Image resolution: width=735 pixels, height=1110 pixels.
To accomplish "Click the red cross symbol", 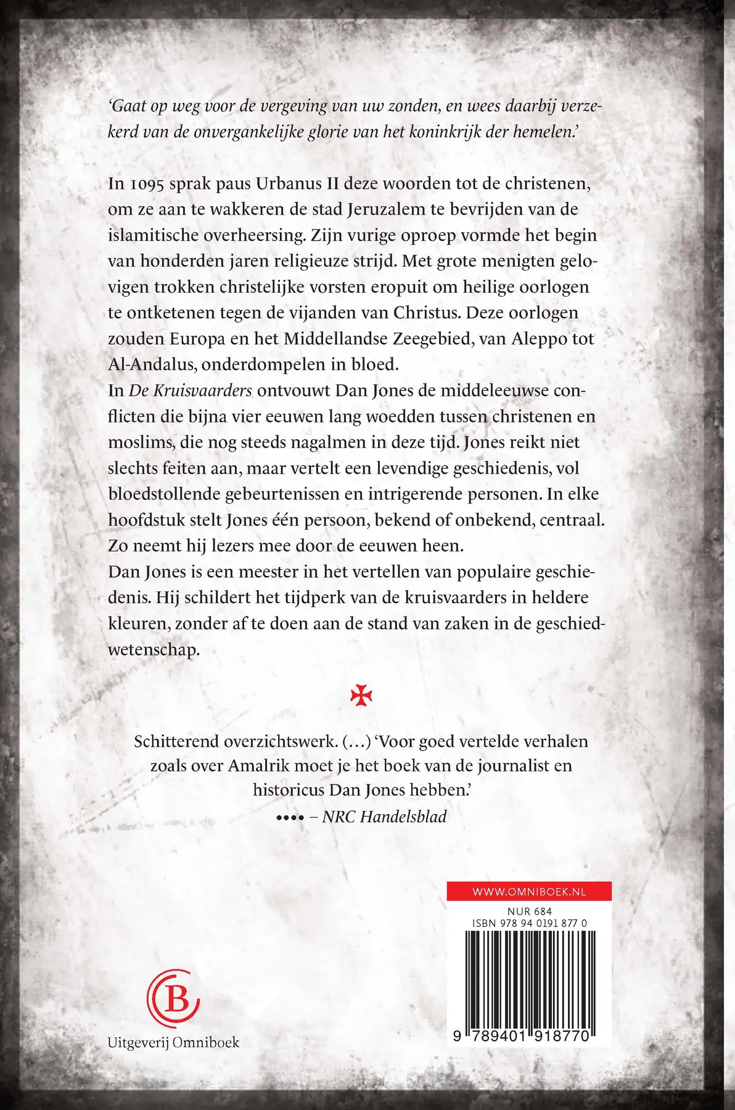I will (x=361, y=695).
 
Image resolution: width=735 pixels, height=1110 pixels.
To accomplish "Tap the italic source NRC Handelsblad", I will (x=385, y=816).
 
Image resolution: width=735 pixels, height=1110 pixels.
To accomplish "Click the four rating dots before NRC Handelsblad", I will (x=290, y=818).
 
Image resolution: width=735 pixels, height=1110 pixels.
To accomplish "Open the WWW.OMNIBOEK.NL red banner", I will (x=529, y=891).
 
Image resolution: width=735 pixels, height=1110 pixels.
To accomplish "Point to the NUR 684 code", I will (x=529, y=911).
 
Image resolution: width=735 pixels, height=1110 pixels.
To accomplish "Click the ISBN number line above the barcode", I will (x=529, y=924).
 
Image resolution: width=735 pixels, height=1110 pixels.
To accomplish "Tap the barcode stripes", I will (x=529, y=977).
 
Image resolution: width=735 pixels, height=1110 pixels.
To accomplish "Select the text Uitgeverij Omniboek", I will (x=173, y=1043).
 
